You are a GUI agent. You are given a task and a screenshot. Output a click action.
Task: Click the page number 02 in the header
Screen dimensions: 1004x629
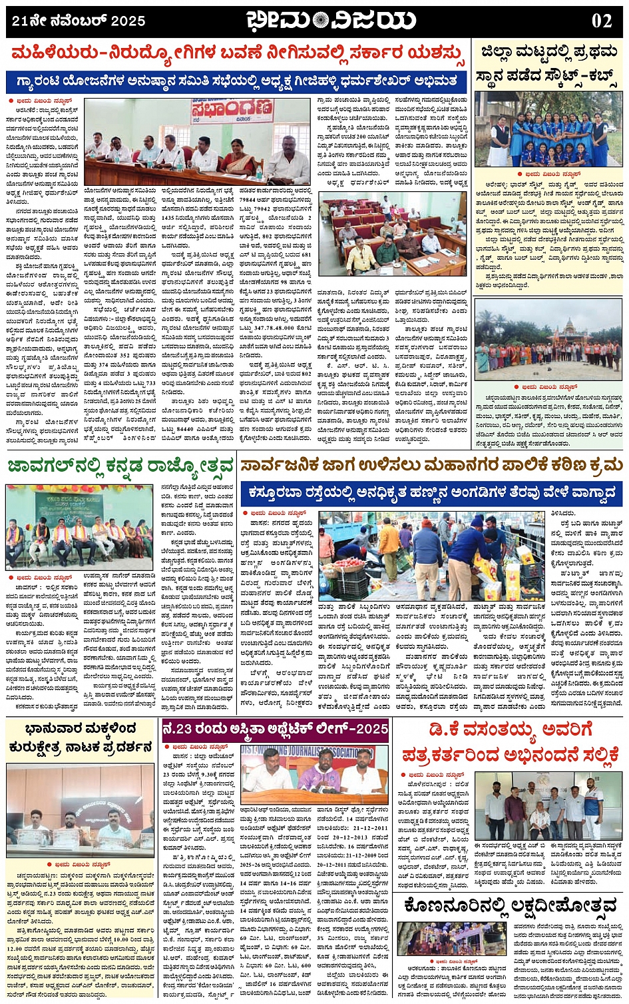[x=601, y=21]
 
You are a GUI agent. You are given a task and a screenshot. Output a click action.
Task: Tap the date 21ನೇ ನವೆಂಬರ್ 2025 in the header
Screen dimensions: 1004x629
[x=79, y=21]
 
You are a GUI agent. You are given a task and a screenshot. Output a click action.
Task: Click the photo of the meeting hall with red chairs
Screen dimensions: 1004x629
[x=393, y=234]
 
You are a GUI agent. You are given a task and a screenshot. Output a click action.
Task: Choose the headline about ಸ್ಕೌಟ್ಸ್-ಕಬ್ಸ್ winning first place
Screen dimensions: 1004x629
[x=548, y=65]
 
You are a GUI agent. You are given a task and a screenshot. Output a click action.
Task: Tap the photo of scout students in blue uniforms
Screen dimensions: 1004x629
[x=549, y=129]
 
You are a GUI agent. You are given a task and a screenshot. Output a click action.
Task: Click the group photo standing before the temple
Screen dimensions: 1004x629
[x=549, y=340]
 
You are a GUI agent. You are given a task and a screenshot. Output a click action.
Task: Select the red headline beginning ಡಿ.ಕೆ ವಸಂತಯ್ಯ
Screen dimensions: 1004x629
[x=509, y=742]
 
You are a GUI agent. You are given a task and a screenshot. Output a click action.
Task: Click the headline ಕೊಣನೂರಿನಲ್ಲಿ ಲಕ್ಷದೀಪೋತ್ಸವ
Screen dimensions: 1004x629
[x=509, y=906]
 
